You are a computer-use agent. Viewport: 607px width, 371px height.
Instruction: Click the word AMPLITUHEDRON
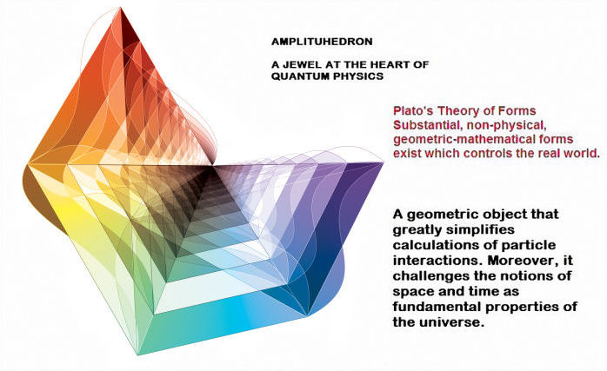(x=322, y=42)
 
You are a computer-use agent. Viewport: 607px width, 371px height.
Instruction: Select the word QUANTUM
(x=295, y=76)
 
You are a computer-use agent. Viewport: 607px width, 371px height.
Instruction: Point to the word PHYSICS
(x=353, y=76)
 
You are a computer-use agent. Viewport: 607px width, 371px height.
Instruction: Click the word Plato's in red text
(x=413, y=111)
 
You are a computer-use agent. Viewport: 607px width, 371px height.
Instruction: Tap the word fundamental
(x=436, y=307)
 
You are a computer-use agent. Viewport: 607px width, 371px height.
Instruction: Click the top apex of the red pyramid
(x=120, y=8)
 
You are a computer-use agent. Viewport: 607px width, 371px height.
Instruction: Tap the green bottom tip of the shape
(x=138, y=354)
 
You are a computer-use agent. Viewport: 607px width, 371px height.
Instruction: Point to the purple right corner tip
(x=383, y=162)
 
